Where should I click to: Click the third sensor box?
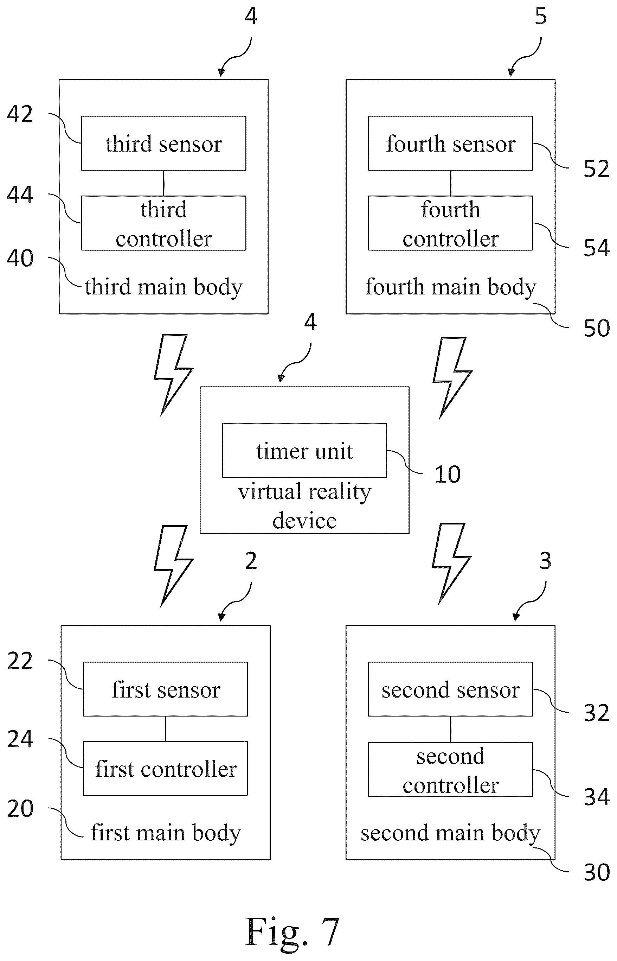pyautogui.click(x=163, y=143)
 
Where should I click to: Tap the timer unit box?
pyautogui.click(x=304, y=450)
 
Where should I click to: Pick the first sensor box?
pyautogui.click(x=166, y=689)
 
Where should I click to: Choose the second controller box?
pyautogui.click(x=450, y=769)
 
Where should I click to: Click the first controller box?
pyautogui.click(x=166, y=768)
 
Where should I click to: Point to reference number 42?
pyautogui.click(x=20, y=114)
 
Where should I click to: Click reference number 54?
pyautogui.click(x=596, y=248)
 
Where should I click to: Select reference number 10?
pyautogui.click(x=448, y=475)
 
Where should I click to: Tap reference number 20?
pyautogui.click(x=20, y=809)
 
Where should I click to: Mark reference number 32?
pyautogui.click(x=596, y=713)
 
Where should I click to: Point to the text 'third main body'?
pyautogui.click(x=163, y=287)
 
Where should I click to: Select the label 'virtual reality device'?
pyautogui.click(x=304, y=506)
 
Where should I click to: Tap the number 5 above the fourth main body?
pyautogui.click(x=540, y=17)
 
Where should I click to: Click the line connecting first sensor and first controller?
pyautogui.click(x=166, y=728)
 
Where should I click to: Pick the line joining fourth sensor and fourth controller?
pyautogui.click(x=450, y=183)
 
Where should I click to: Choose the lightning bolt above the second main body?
pyautogui.click(x=451, y=564)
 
